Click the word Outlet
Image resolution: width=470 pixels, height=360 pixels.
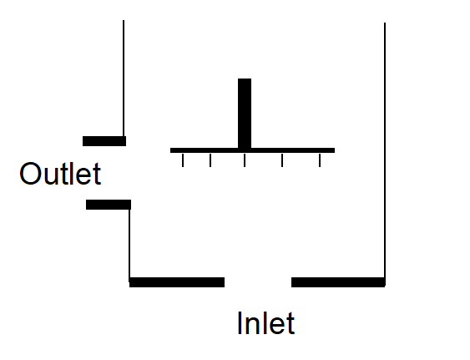point(60,174)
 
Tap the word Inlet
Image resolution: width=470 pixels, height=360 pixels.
point(265,322)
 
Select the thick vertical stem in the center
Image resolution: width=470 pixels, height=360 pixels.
point(245,113)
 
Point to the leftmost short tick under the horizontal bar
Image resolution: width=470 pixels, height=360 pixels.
point(183,160)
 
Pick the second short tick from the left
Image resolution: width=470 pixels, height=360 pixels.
point(210,160)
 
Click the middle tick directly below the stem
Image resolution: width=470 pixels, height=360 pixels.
point(245,160)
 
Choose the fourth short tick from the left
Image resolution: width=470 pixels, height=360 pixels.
point(282,160)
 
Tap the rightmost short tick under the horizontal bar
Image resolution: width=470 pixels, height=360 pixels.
point(320,160)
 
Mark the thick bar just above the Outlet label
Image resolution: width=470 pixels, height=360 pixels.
point(104,141)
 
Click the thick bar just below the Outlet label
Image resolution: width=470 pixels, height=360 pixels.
point(109,205)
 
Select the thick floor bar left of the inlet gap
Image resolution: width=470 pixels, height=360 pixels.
point(177,282)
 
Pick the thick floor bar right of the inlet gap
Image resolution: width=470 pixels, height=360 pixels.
point(338,282)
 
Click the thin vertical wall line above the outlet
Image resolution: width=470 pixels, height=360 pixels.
point(124,79)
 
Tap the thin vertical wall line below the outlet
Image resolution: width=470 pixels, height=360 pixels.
point(129,243)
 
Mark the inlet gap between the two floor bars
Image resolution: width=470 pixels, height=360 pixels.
point(258,282)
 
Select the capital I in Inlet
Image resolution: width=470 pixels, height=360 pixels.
point(240,322)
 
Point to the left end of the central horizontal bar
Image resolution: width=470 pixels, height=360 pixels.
point(170,150)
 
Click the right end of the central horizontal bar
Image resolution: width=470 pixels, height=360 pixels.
point(335,150)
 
